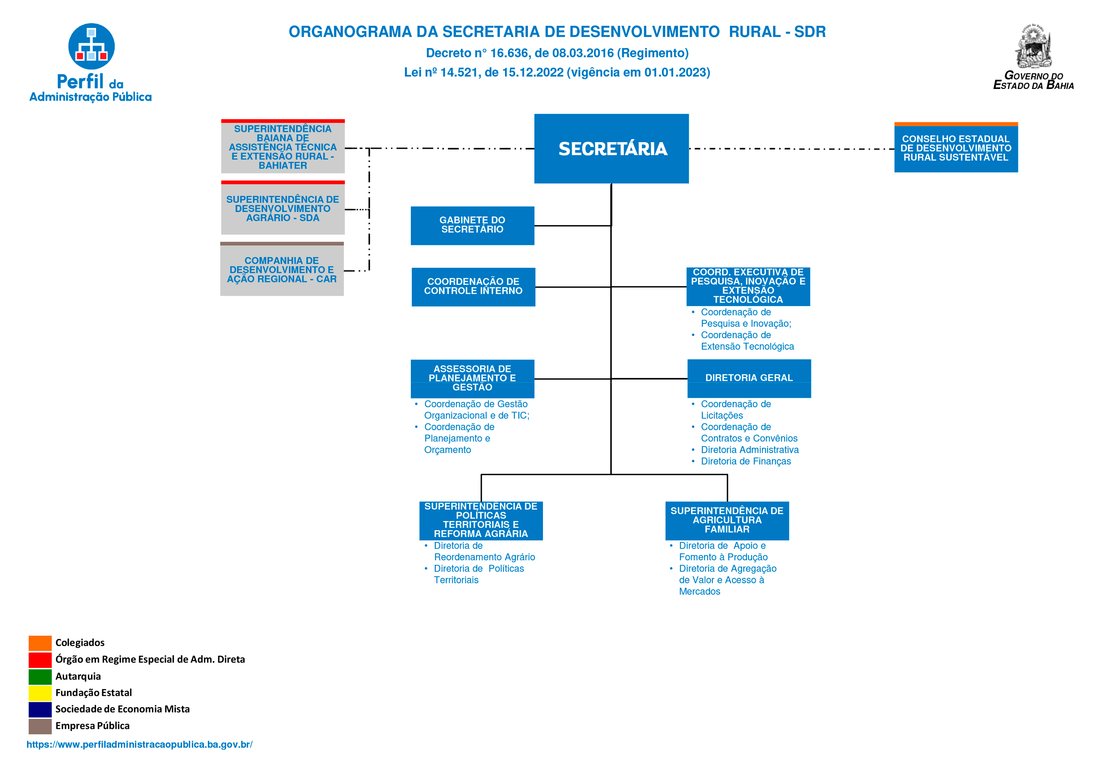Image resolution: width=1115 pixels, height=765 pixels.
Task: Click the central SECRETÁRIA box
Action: pos(611,148)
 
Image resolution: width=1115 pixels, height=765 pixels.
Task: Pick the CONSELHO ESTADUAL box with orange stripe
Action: pos(956,148)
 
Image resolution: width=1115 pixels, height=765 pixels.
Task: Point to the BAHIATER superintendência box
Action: pos(282,147)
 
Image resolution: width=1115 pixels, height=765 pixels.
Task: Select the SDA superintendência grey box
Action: pos(282,208)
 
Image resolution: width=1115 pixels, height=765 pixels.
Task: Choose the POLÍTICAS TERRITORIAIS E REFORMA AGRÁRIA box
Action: pos(481,520)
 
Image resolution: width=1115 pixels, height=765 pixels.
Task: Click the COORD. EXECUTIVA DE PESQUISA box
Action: pos(748,286)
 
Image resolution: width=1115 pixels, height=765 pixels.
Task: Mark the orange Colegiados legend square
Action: pos(40,643)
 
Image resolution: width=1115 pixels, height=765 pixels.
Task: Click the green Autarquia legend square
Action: pos(40,676)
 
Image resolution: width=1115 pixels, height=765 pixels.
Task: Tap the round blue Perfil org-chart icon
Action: pos(91,46)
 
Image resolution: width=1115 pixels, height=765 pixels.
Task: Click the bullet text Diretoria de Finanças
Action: pos(746,461)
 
